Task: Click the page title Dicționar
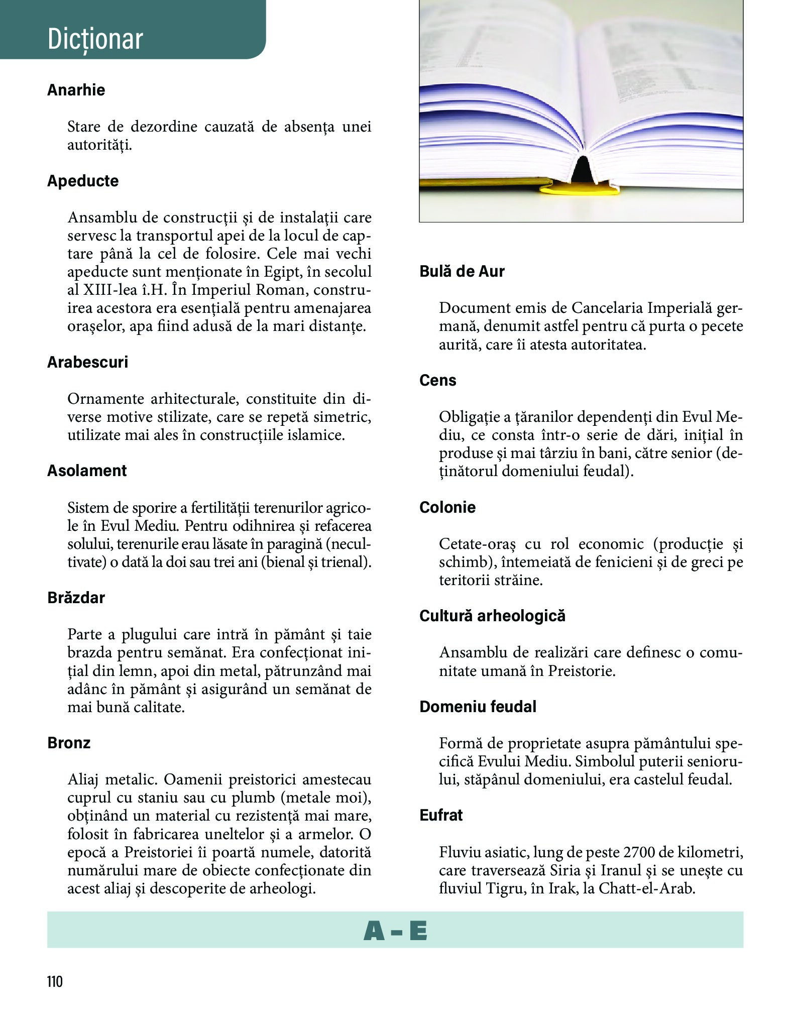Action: click(x=95, y=39)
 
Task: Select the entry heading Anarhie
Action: click(x=76, y=90)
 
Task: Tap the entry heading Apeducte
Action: click(x=83, y=181)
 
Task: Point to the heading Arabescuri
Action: click(x=87, y=362)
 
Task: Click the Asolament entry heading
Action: click(x=87, y=471)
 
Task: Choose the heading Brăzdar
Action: click(x=76, y=598)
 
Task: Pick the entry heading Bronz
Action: click(x=69, y=743)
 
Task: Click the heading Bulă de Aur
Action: click(x=462, y=271)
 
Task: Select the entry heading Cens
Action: click(x=437, y=380)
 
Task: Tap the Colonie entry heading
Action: click(x=447, y=507)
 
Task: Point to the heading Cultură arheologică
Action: click(x=492, y=616)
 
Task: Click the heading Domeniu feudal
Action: click(x=478, y=707)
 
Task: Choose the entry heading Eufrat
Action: click(x=441, y=815)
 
